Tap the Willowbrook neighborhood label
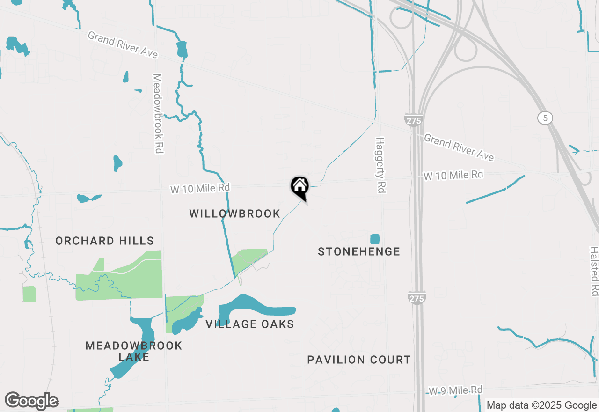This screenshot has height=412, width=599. [234, 214]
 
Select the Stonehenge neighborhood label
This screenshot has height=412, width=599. [359, 252]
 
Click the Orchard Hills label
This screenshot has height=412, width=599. [104, 241]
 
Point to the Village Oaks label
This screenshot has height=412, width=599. [250, 324]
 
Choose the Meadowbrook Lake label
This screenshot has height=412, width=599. [134, 351]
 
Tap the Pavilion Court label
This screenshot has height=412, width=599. [359, 360]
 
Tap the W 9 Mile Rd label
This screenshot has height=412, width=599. [456, 390]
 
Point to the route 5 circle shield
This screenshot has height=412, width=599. [545, 118]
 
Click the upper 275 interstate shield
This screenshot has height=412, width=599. [414, 120]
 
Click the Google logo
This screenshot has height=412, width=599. [31, 401]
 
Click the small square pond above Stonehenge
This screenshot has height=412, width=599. [374, 239]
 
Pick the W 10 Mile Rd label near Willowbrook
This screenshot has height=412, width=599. [200, 188]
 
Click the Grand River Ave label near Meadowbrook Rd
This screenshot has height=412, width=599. [123, 45]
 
